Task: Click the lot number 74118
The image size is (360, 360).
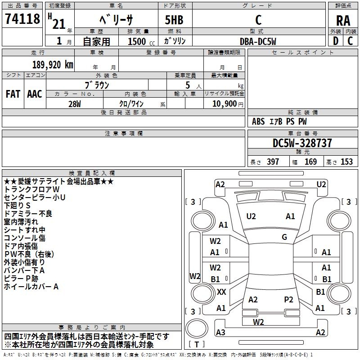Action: tap(22, 18)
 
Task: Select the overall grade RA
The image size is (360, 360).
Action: tap(343, 20)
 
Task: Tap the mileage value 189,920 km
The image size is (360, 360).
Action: tap(53, 65)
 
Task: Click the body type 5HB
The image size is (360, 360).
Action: tap(174, 20)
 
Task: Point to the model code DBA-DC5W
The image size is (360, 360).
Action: tap(258, 41)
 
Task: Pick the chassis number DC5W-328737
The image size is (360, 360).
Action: tap(302, 143)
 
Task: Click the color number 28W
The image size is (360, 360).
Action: tap(75, 104)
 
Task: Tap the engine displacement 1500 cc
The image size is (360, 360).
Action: tap(141, 41)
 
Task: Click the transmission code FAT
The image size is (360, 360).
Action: tap(13, 94)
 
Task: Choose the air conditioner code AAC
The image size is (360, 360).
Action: tap(35, 94)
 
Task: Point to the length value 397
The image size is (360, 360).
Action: tap(273, 162)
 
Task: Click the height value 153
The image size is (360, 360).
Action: tap(346, 162)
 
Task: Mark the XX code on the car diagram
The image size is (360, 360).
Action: tap(221, 292)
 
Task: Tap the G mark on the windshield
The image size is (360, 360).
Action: tap(284, 237)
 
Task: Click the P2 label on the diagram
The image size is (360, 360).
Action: tap(288, 300)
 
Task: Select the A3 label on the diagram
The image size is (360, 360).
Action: tap(220, 332)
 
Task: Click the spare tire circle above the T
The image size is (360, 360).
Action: tap(197, 328)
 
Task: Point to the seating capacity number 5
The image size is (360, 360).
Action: tap(188, 85)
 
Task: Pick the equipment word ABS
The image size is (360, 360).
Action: tap(258, 121)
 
